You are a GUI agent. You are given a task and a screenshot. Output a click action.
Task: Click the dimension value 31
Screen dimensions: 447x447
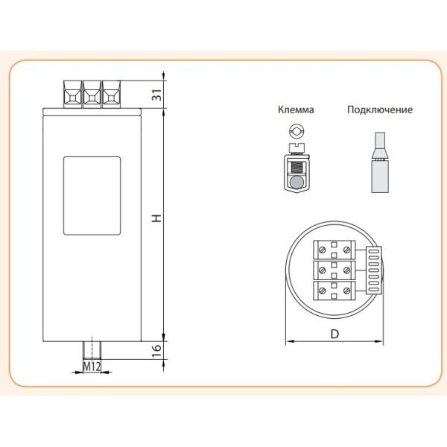(156, 95)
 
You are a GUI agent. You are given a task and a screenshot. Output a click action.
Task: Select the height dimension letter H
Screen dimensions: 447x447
(156, 219)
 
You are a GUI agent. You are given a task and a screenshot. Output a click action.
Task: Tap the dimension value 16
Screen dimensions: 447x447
(156, 351)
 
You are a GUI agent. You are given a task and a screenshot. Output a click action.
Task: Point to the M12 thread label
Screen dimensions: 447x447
(91, 367)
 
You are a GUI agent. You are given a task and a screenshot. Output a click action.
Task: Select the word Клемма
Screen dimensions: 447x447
(296, 110)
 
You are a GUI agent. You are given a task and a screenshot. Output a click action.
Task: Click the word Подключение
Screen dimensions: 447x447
(379, 110)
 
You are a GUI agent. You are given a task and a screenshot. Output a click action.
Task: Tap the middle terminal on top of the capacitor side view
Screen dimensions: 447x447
(92, 94)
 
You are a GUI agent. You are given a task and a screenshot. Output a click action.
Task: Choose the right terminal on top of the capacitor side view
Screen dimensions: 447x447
(111, 94)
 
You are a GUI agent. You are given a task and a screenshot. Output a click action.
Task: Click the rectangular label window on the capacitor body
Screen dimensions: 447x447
(92, 196)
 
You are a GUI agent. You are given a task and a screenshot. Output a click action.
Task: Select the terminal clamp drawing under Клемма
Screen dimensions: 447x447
(297, 173)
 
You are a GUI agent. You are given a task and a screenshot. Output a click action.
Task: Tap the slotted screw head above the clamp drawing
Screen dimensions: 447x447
(297, 133)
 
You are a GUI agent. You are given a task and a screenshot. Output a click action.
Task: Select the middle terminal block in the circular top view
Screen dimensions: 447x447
(335, 268)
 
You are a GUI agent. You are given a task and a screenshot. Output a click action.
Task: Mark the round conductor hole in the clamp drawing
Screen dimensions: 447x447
(297, 182)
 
